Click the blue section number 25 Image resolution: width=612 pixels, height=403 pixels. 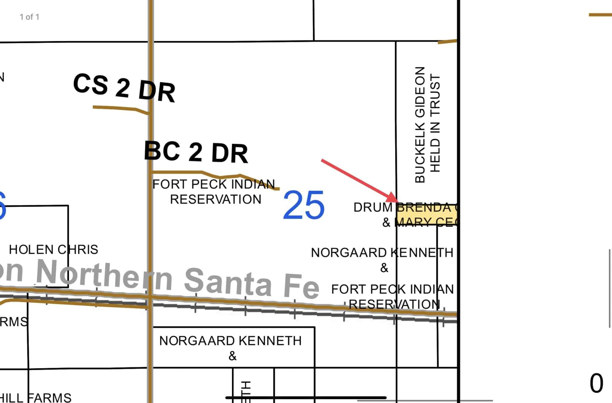pos(304,205)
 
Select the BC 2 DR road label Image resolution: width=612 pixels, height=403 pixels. pos(196,152)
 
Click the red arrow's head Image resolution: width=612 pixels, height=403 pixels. pos(394,199)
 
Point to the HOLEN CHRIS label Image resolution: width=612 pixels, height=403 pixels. pos(53,249)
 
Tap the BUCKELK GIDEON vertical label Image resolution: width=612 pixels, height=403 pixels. pos(420,125)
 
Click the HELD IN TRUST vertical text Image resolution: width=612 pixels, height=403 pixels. pos(435,123)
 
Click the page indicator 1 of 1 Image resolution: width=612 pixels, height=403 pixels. pos(29,17)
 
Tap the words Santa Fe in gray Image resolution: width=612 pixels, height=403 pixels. pos(251,282)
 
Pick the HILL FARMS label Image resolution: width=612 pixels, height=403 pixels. pos(36,398)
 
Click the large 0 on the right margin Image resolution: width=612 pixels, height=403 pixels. pos(596,384)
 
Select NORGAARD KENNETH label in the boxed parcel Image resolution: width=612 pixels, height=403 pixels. pos(230,341)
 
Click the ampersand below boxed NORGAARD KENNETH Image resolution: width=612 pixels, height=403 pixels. pos(232,356)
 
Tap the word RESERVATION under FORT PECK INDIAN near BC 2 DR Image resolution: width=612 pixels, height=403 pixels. pos(215,199)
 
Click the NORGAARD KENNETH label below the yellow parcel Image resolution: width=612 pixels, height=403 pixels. pos(382,253)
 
